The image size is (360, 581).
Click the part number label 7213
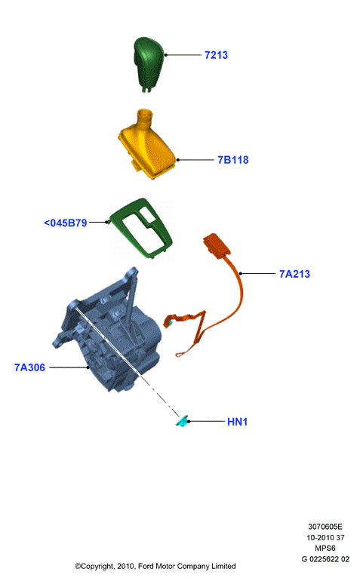pyautogui.click(x=216, y=55)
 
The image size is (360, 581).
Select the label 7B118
pyautogui.click(x=233, y=160)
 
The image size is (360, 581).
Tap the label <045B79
pyautogui.click(x=66, y=223)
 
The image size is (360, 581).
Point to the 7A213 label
pyautogui.click(x=294, y=274)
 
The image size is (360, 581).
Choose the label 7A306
pyautogui.click(x=29, y=367)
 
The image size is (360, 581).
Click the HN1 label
pyautogui.click(x=237, y=422)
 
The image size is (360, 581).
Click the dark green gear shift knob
pyautogui.click(x=149, y=63)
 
